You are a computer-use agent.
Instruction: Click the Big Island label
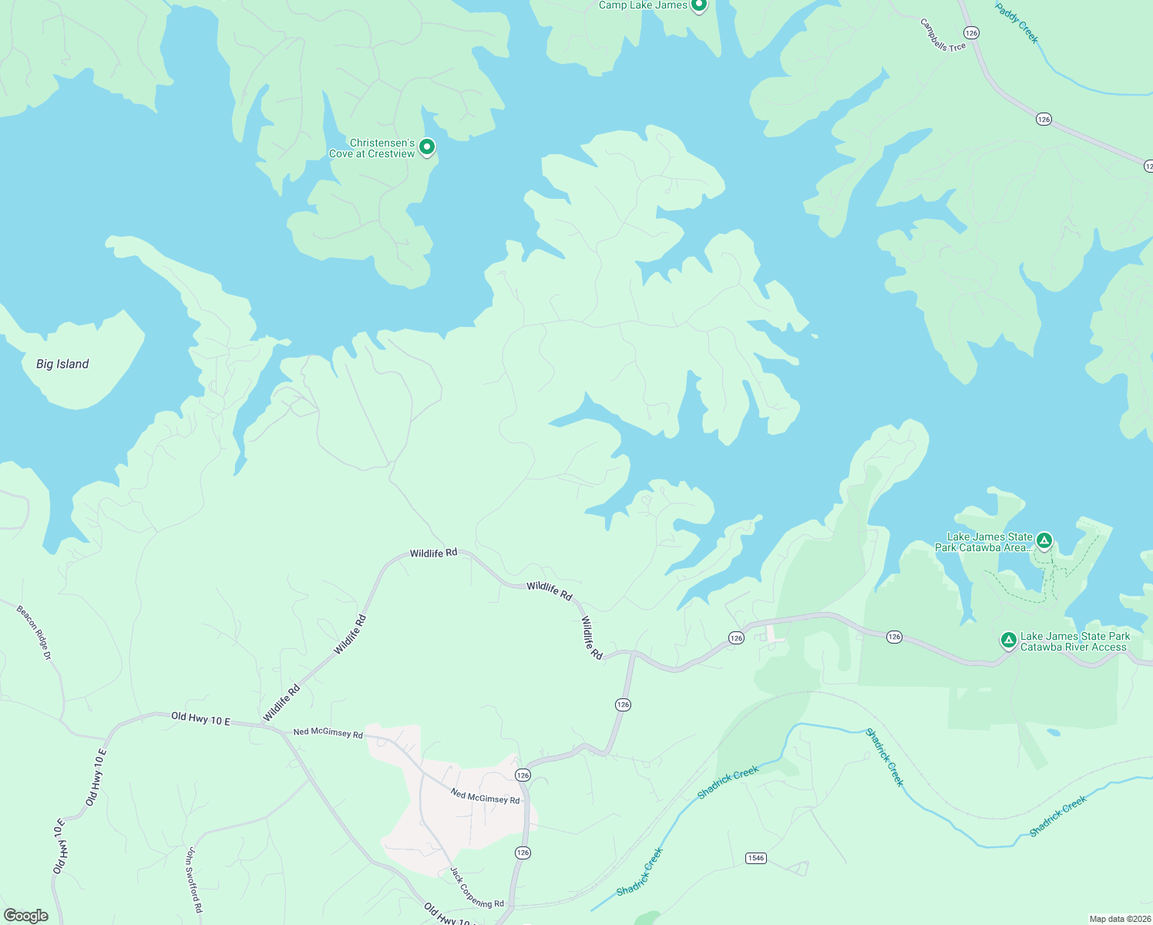pos(62,364)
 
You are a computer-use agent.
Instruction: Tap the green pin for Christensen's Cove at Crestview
pos(426,146)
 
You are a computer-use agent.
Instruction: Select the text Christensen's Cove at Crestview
pos(372,149)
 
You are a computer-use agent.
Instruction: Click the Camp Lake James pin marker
pos(698,5)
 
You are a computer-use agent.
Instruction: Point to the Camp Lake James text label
pos(643,5)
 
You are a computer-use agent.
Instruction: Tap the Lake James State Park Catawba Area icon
pos(1044,540)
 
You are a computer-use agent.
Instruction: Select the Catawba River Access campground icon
pos(1008,640)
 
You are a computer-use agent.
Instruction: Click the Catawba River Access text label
pos(1074,641)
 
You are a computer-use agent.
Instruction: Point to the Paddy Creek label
pos(1017,23)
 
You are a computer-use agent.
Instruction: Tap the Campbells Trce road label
pos(943,35)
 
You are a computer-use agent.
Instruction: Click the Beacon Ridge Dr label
pos(34,633)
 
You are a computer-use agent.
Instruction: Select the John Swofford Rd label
pos(193,880)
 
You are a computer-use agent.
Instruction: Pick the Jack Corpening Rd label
pos(477,887)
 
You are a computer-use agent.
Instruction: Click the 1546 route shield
pos(755,858)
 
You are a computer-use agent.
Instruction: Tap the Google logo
pos(25,916)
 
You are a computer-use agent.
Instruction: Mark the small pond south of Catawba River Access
pos(1053,732)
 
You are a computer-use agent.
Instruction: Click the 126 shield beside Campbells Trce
pos(971,32)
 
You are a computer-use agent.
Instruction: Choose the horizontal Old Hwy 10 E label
pos(200,719)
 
